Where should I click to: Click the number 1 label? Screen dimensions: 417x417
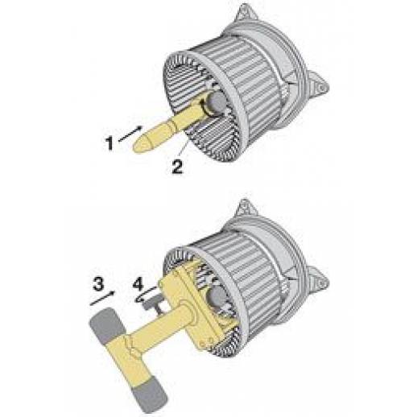click(x=109, y=143)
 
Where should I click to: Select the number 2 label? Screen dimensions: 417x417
click(x=177, y=167)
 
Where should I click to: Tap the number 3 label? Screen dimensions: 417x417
click(x=98, y=284)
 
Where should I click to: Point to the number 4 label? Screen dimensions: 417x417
click(x=138, y=284)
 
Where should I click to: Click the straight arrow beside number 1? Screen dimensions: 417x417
click(x=130, y=134)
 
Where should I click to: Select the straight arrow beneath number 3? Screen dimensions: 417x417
click(x=102, y=299)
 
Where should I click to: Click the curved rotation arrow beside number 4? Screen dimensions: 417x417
click(x=145, y=295)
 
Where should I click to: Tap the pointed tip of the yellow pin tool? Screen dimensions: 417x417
click(x=134, y=147)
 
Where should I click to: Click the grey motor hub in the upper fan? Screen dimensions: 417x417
click(x=217, y=101)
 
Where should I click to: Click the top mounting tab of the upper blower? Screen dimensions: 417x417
click(x=246, y=13)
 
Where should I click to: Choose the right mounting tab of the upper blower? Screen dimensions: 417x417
click(x=319, y=85)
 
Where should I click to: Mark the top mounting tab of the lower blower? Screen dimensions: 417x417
click(x=246, y=208)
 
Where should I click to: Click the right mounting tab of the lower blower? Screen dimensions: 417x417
click(x=319, y=281)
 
